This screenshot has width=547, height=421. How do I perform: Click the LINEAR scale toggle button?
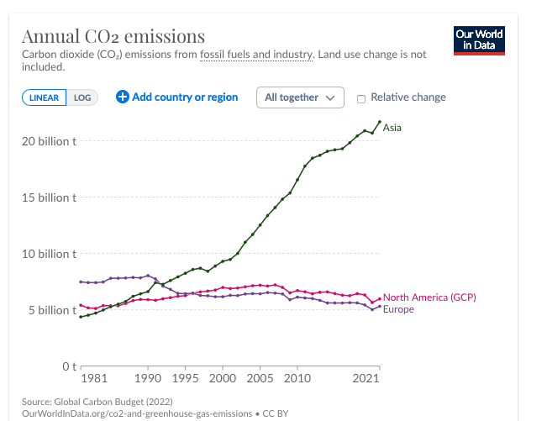point(44,97)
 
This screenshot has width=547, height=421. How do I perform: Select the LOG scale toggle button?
point(82,97)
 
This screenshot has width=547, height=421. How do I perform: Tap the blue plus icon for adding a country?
point(123,97)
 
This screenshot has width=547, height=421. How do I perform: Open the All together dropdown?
point(300,97)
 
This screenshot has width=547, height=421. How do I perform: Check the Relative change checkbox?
point(361,99)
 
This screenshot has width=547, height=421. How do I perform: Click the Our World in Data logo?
point(479,40)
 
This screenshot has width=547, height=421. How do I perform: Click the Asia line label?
point(392,128)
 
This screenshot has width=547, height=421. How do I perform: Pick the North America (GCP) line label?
point(429,297)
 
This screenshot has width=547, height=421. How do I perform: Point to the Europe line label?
point(398,309)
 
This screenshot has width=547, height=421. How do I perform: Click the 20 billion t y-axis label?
point(49,141)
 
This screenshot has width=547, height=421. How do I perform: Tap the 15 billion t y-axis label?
point(49,197)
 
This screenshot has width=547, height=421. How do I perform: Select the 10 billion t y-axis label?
point(49,254)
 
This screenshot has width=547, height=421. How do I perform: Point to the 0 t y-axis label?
point(69,366)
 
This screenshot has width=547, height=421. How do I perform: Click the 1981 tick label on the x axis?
point(94,378)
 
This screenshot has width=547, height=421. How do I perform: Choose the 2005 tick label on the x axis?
point(260,378)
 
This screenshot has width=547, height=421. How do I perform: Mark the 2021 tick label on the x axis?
point(366,378)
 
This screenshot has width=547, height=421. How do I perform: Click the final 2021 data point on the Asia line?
point(380,122)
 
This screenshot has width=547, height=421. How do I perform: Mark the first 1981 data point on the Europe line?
point(81,282)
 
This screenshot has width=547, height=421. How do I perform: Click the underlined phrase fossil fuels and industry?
point(256,55)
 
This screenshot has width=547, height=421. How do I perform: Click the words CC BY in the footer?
point(276,413)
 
